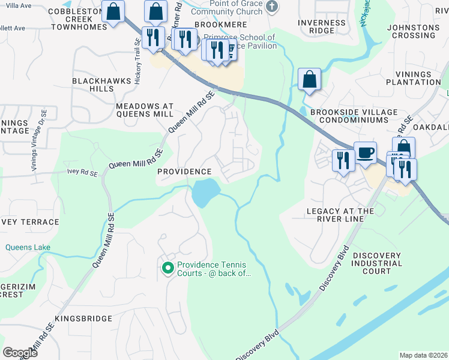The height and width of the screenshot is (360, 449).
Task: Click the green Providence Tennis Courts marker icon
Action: [x=167, y=268]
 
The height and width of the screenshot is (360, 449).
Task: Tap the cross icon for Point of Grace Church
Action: [x=272, y=7]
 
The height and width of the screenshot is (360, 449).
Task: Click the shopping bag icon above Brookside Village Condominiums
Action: [x=309, y=79]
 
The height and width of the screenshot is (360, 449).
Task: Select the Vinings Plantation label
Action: [x=413, y=77]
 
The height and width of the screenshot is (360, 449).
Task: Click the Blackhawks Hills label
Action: [x=93, y=84]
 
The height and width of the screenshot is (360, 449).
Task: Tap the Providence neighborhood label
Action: [x=184, y=172]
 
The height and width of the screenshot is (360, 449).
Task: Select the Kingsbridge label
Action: [x=83, y=318]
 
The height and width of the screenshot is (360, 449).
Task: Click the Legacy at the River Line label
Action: [x=340, y=215]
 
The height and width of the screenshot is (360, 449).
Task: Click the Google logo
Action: [x=20, y=352]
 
